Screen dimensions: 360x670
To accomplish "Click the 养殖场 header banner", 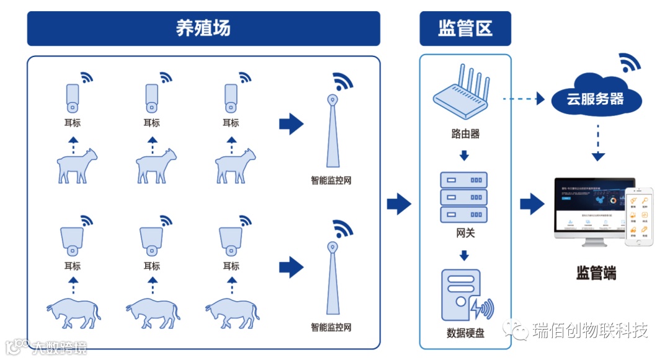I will [203, 29].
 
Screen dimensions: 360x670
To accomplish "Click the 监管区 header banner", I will [465, 29].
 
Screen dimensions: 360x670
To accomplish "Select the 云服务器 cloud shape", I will [595, 98].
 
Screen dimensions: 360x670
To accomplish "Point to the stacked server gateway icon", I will [463, 197].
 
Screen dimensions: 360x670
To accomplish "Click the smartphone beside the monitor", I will [639, 217].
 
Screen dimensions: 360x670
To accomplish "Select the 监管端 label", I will [596, 272].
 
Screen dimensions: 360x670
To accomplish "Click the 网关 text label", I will [465, 233].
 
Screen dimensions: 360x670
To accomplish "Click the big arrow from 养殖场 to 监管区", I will [399, 204].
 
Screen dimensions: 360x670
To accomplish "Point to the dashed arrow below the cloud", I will [597, 143].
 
